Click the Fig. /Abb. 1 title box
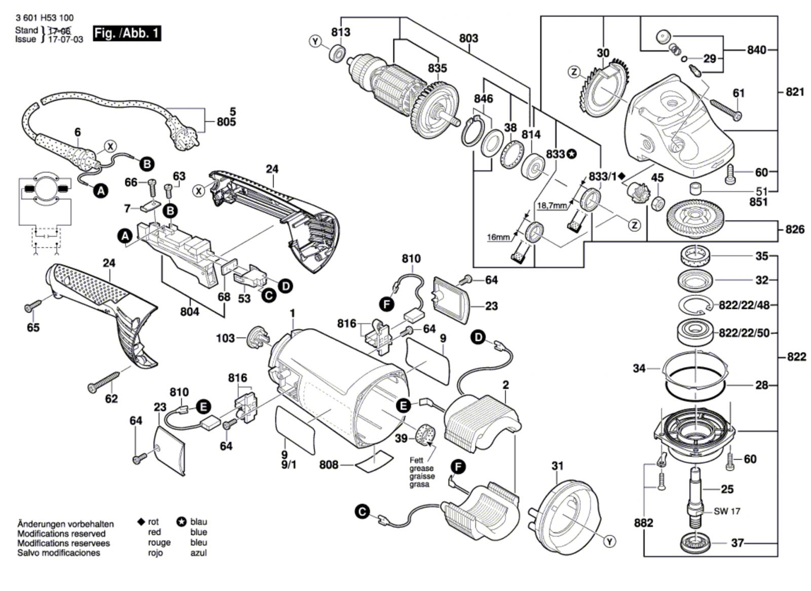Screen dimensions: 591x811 pos(127,34)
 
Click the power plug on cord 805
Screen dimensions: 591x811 pos(185,136)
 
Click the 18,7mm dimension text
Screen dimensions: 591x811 pos(552,205)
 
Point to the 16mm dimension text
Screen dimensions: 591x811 pos(498,237)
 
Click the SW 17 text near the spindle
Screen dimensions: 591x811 pos(727,511)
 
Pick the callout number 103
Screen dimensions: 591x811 pos(226,338)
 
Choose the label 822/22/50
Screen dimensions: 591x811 pos(744,333)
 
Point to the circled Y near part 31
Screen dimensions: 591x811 pos(610,542)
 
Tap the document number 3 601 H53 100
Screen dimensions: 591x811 pos(44,18)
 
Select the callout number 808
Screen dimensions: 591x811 pos(328,464)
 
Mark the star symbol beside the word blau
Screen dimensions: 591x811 pos(181,522)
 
